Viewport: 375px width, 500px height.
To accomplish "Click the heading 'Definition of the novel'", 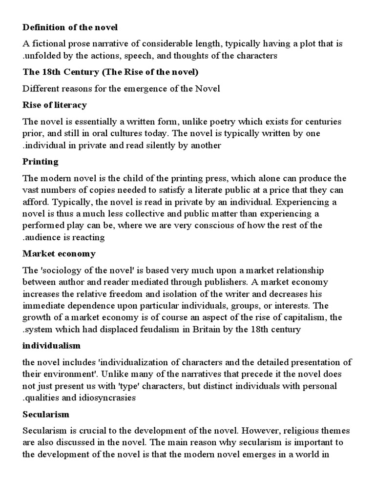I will pyautogui.click(x=71, y=27).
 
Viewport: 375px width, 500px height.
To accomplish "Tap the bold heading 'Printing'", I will pyautogui.click(x=41, y=161).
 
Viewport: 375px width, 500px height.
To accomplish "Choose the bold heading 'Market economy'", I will pyautogui.click(x=60, y=254).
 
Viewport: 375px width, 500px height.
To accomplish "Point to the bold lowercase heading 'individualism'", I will pyautogui.click(x=52, y=346).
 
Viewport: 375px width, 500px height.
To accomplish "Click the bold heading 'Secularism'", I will pyautogui.click(x=46, y=414).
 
